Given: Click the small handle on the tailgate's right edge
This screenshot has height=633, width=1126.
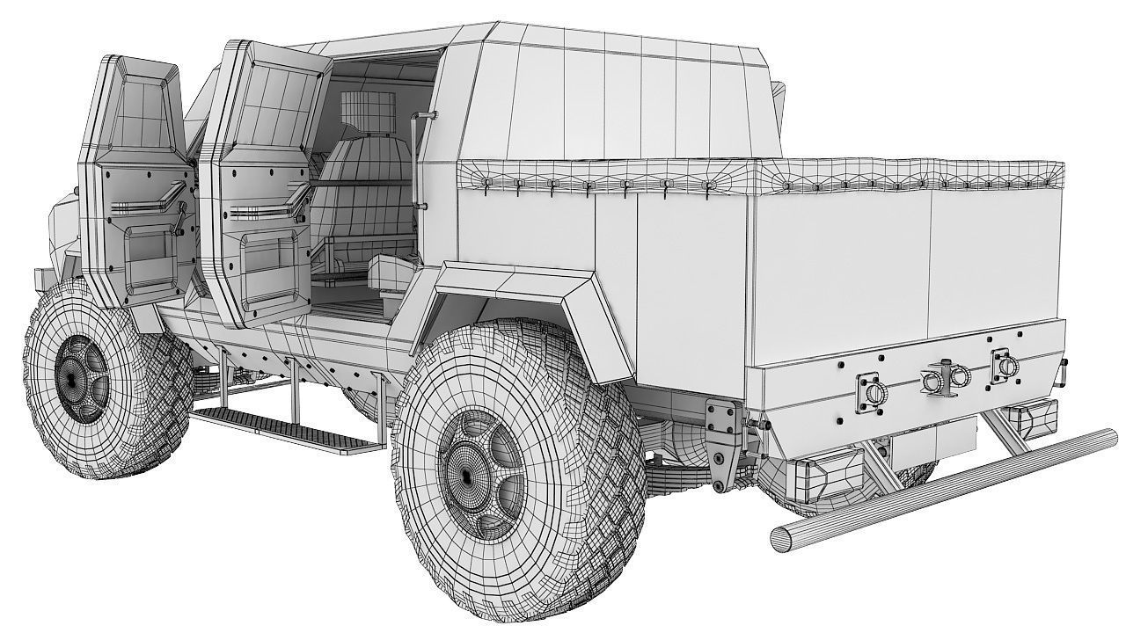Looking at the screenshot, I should (1063, 364).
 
